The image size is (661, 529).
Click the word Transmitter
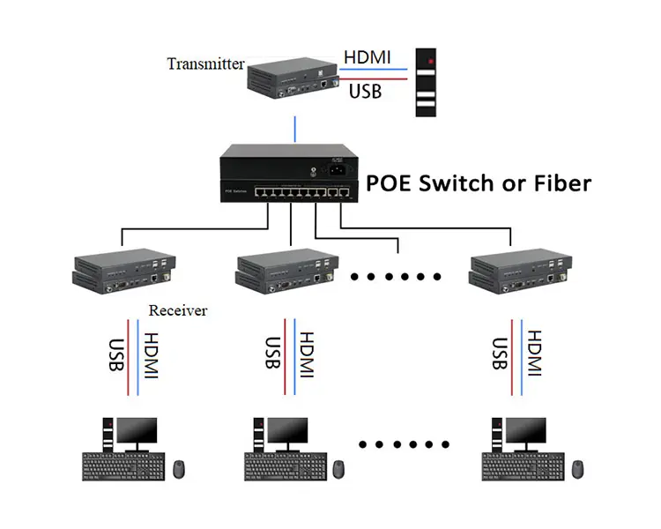(204, 63)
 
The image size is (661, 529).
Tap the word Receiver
(177, 310)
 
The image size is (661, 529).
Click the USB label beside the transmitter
(365, 91)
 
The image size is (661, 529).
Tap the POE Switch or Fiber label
(479, 183)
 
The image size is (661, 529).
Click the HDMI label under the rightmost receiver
(532, 355)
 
